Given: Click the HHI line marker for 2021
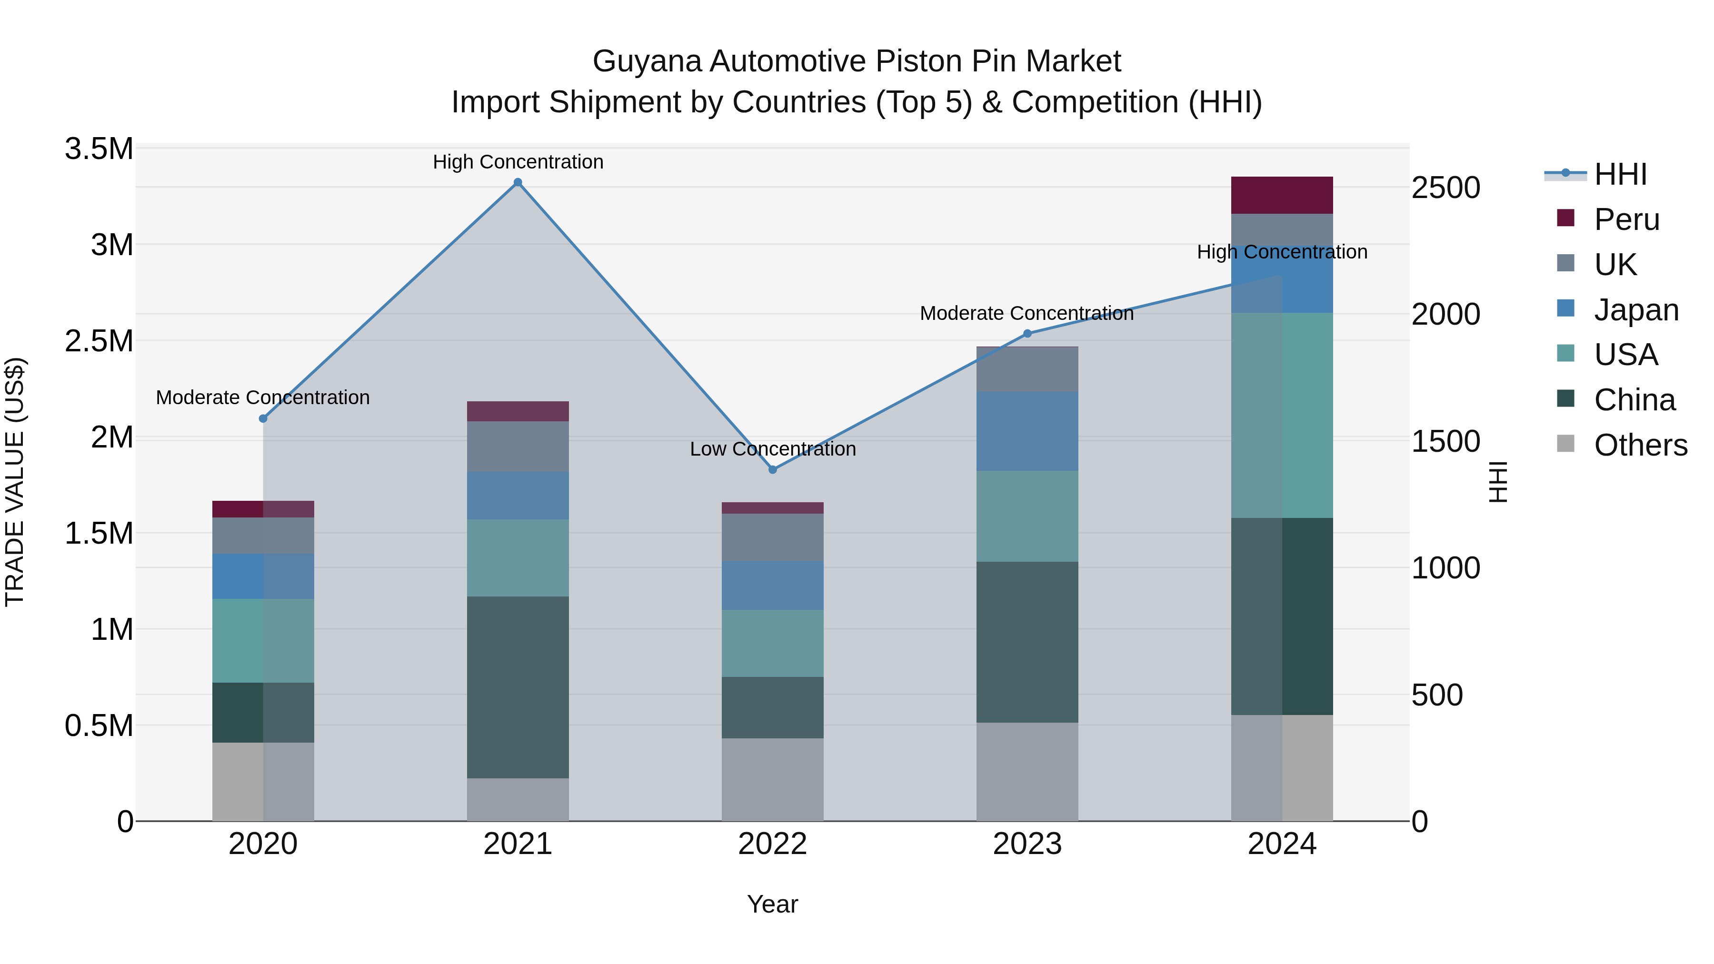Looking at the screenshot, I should (x=518, y=182).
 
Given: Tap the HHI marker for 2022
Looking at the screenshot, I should (x=773, y=470).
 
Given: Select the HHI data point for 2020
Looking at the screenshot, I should (x=263, y=418).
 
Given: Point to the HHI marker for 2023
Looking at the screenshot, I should (x=1027, y=333).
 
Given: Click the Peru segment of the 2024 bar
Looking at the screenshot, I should (x=1282, y=195).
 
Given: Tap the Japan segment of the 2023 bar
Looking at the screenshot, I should (x=1027, y=431).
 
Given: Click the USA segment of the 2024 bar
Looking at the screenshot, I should (x=1282, y=415).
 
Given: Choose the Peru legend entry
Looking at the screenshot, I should (x=1626, y=219).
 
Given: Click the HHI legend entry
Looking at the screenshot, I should (x=1620, y=174).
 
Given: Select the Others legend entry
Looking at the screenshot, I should (x=1640, y=445).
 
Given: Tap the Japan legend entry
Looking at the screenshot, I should (x=1635, y=310).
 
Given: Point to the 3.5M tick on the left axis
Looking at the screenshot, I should (x=99, y=149).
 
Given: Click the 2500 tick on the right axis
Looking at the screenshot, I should (x=1445, y=188).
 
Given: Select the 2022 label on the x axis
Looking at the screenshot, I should (x=773, y=844).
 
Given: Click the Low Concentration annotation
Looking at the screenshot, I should (x=773, y=449).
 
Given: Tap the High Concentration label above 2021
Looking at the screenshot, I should (x=518, y=162).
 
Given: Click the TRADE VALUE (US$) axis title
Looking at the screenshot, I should (x=15, y=482).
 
